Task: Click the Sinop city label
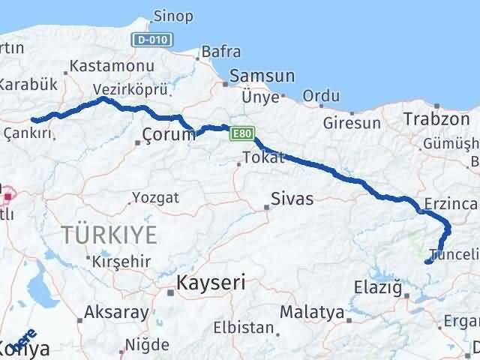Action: [x=173, y=16]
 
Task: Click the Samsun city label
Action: [x=262, y=76]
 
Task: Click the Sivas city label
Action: [x=292, y=199]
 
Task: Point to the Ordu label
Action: [x=321, y=96]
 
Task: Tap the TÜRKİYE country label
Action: [x=110, y=235]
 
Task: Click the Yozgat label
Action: [x=155, y=198]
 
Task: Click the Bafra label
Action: [x=221, y=52]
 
